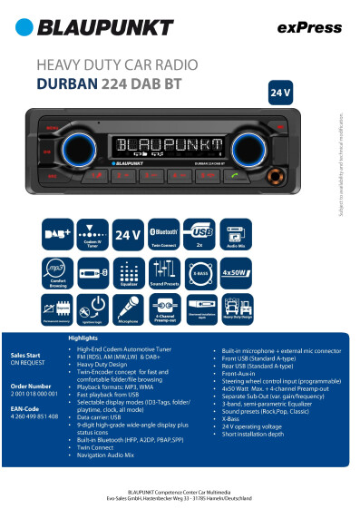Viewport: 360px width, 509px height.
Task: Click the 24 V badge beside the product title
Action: [280, 93]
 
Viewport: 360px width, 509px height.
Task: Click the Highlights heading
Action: [83, 338]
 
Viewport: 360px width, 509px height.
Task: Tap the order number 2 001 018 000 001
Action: [34, 394]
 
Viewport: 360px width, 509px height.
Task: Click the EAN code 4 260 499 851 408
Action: [34, 416]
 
